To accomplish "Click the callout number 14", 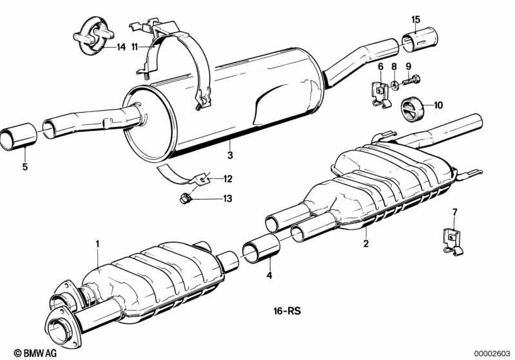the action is pyautogui.click(x=121, y=47).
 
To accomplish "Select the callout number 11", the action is pyautogui.click(x=135, y=47).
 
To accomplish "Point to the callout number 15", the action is pyautogui.click(x=416, y=19).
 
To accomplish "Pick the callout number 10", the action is pyautogui.click(x=438, y=106).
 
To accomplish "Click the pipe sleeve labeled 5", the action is pyautogui.click(x=19, y=137).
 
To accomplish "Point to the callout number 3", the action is pyautogui.click(x=230, y=155).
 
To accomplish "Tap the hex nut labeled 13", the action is pyautogui.click(x=186, y=198).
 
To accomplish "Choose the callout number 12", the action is pyautogui.click(x=228, y=179).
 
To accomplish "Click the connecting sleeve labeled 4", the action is pyautogui.click(x=261, y=249).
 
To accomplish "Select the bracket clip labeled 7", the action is pyautogui.click(x=452, y=242).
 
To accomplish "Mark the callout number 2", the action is pyautogui.click(x=366, y=243).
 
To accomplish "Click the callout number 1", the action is pyautogui.click(x=97, y=244).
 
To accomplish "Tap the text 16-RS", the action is pyautogui.click(x=287, y=311).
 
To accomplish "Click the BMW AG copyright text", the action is pyautogui.click(x=35, y=353).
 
